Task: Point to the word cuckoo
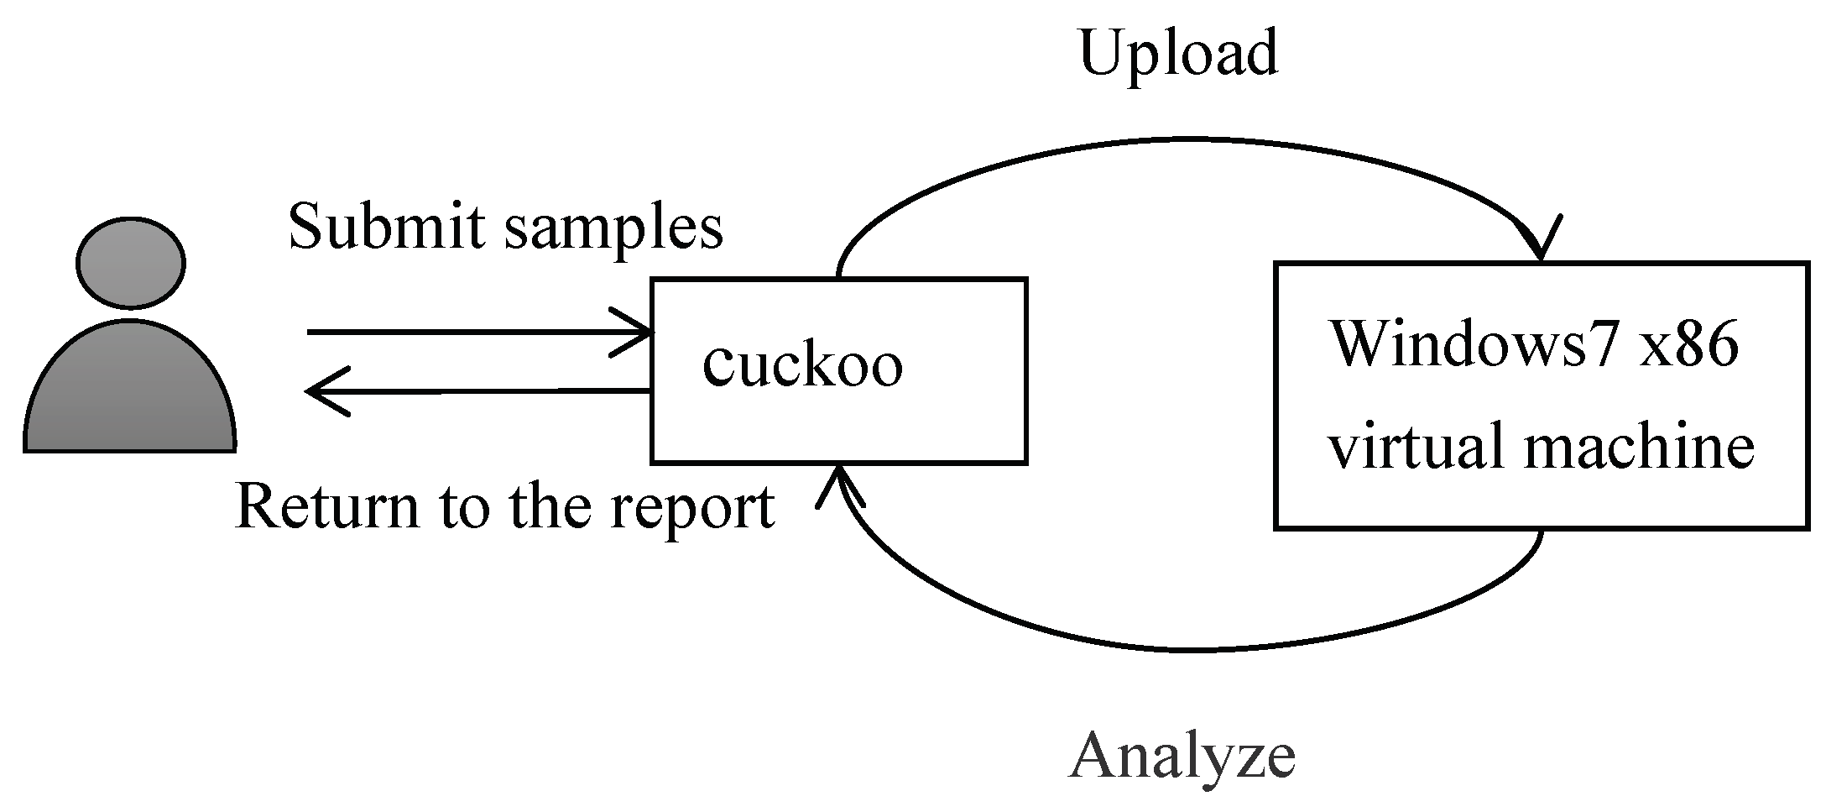click(x=802, y=365)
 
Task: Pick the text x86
click(x=1687, y=343)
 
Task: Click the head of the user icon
click(x=131, y=263)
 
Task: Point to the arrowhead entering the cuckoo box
click(x=634, y=333)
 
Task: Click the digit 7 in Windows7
click(x=1603, y=345)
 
